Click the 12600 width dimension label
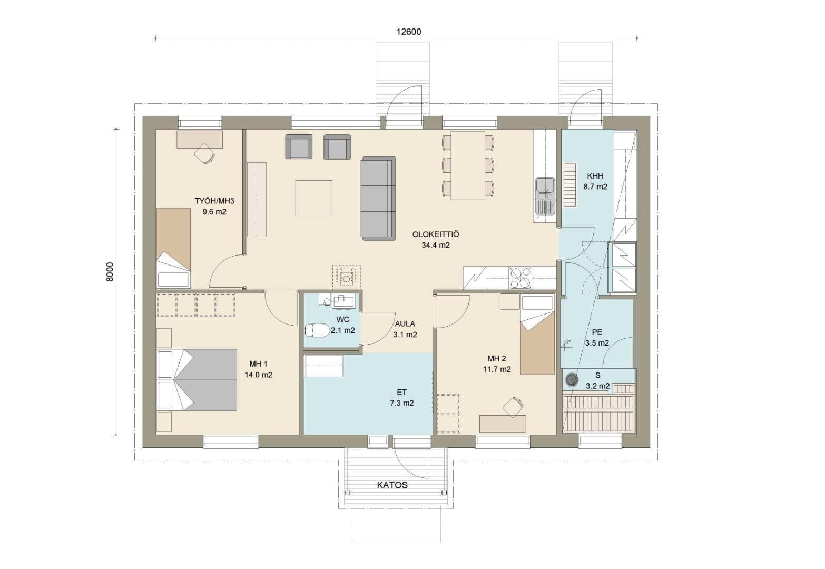pos(408,32)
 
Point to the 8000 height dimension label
pos(110,272)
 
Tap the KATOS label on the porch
pos(392,485)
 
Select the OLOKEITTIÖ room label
pos(436,234)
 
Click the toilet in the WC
pos(317,330)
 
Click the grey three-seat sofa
pos(379,199)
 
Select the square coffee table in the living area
pos(314,198)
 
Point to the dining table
pos(468,165)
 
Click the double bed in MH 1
pos(197,380)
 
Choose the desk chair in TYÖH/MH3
pos(204,153)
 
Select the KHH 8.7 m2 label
pos(595,181)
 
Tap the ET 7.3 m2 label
pos(402,398)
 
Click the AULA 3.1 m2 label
pos(405,329)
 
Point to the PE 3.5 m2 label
pos(597,337)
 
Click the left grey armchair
pos(299,146)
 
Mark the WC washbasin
pos(343,300)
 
